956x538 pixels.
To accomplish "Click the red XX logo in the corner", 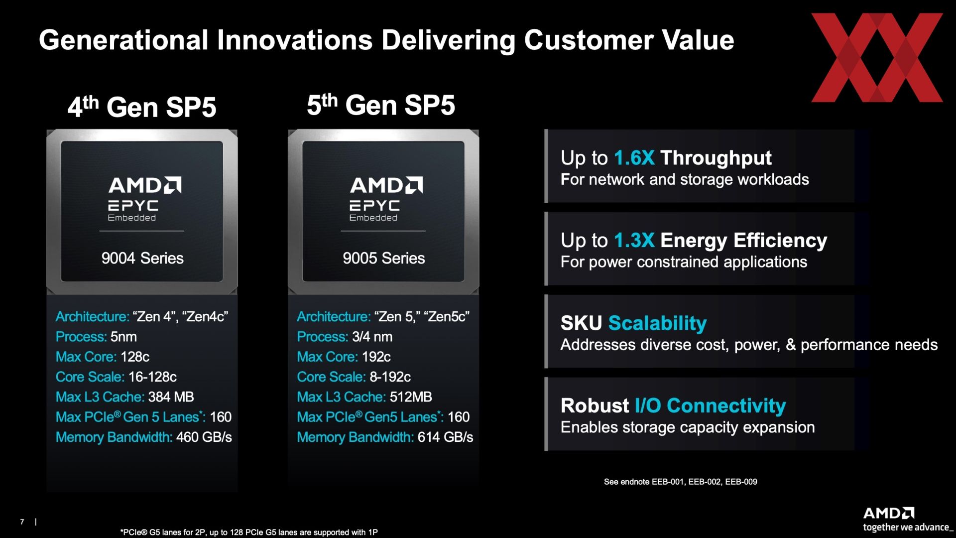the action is (877, 58).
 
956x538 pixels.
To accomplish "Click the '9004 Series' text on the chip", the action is (142, 258).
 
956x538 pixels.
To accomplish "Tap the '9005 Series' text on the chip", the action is (384, 258).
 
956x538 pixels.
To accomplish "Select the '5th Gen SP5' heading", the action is (381, 105).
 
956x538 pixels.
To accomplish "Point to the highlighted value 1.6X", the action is (634, 158).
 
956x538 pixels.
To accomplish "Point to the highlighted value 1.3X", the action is (634, 241).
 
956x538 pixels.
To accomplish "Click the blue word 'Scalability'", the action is (657, 324).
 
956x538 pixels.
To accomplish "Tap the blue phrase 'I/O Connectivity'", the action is (710, 405).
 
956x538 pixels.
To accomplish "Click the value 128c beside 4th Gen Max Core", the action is (135, 357).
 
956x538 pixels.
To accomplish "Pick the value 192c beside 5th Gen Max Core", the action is (376, 357).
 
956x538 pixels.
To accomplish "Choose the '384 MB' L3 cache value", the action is (171, 397).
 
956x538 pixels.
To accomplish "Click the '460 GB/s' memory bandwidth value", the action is (204, 437).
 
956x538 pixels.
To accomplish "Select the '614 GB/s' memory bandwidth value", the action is (446, 437).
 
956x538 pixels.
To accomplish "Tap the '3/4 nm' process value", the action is (372, 337).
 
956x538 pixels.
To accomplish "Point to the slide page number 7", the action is (22, 522).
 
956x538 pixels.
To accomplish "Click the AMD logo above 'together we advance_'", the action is (889, 513).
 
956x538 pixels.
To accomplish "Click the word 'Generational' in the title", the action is (123, 40).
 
